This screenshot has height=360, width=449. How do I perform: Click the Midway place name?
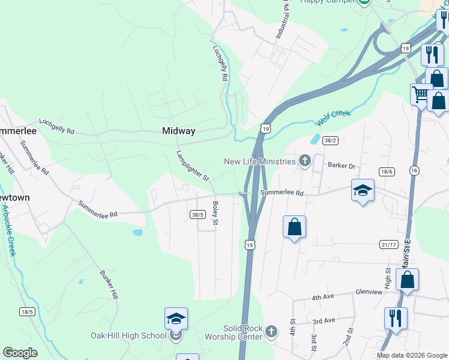pyautogui.click(x=178, y=131)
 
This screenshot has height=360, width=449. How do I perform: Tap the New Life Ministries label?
pyautogui.click(x=260, y=161)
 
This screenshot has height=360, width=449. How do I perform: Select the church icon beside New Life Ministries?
pyautogui.click(x=305, y=161)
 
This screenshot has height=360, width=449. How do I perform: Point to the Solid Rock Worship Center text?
pyautogui.click(x=243, y=332)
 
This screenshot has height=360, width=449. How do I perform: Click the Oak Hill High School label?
pyautogui.click(x=128, y=335)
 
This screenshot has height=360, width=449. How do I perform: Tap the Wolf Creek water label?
pyautogui.click(x=332, y=118)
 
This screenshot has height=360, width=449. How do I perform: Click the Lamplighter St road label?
pyautogui.click(x=192, y=165)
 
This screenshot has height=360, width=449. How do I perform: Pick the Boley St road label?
pyautogui.click(x=215, y=214)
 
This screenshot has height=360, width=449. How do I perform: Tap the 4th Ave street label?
pyautogui.click(x=323, y=298)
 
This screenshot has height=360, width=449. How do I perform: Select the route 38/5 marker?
pyautogui.click(x=199, y=214)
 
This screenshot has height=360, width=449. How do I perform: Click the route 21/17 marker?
pyautogui.click(x=389, y=244)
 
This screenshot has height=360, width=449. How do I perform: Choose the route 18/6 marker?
pyautogui.click(x=386, y=172)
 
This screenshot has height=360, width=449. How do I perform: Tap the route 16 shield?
pyautogui.click(x=414, y=170)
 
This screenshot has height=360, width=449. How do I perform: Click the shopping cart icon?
pyautogui.click(x=421, y=94)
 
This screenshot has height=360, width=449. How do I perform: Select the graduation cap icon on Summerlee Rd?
pyautogui.click(x=363, y=190)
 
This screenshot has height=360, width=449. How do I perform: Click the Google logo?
pyautogui.click(x=20, y=353)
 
